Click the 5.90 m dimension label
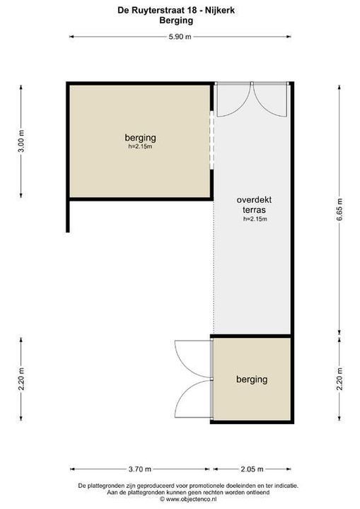click(x=180, y=37)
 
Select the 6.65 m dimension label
click(x=339, y=209)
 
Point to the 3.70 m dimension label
click(x=139, y=469)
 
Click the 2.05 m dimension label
click(x=251, y=469)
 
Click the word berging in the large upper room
click(x=140, y=137)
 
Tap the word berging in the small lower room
click(x=252, y=380)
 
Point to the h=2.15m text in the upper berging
click(x=140, y=147)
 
